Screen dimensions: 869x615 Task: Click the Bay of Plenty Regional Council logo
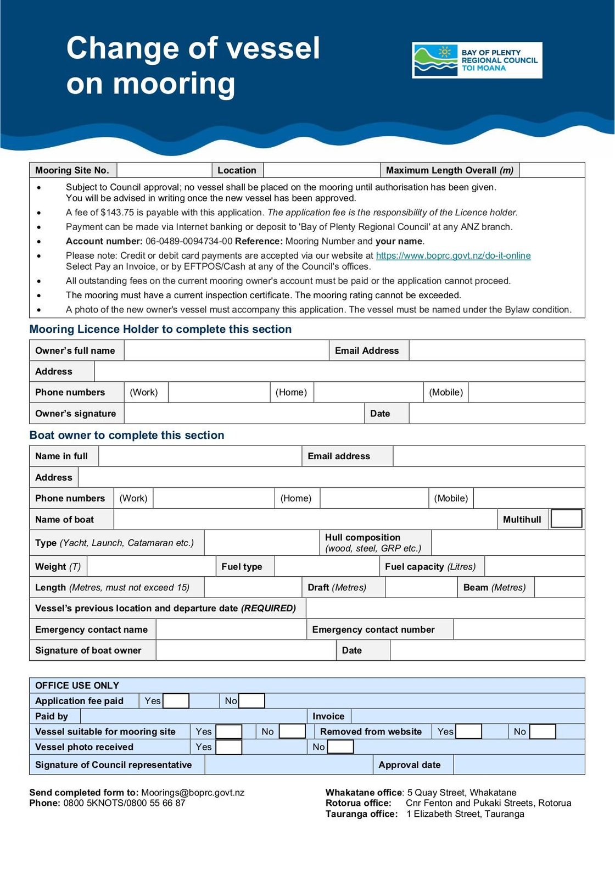pos(477,60)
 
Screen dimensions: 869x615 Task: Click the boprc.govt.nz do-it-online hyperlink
pos(453,255)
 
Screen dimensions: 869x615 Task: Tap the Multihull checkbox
pos(566,519)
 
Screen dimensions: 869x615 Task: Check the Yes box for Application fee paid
pos(176,701)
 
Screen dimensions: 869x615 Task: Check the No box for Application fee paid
pos(252,701)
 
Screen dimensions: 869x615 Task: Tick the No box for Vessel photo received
pos(340,747)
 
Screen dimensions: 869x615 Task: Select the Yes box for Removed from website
pos(469,732)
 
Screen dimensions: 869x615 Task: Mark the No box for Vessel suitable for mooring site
pos(292,732)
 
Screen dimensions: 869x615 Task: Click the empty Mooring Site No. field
pos(164,170)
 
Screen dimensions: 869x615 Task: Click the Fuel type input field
pos(326,566)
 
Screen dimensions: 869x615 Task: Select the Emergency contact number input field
pos(518,630)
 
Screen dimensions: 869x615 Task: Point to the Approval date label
pos(410,765)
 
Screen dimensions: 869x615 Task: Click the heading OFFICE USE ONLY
pos(77,686)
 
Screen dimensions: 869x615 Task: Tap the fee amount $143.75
pos(117,213)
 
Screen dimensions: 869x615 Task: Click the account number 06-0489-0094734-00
pos(189,241)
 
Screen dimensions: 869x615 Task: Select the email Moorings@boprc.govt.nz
pos(193,793)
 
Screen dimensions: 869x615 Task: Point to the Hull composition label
pos(362,538)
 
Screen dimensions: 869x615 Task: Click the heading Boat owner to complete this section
pos(127,436)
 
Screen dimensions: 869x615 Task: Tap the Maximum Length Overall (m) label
pos(449,170)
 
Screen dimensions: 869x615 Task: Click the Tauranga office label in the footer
pos(361,814)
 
